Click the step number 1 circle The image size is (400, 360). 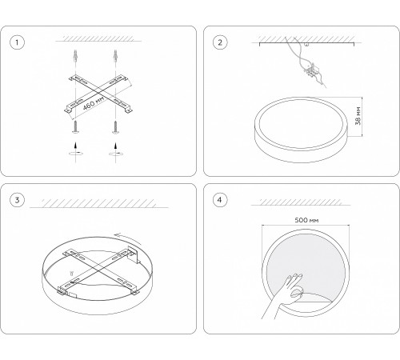click(17, 42)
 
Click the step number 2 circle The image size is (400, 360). click(220, 42)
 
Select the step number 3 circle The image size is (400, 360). click(17, 200)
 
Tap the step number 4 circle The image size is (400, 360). click(220, 200)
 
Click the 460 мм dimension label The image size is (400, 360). click(93, 103)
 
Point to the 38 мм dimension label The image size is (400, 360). click(358, 116)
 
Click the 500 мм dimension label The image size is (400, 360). click(306, 220)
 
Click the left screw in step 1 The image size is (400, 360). click(76, 127)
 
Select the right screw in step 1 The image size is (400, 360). click(115, 127)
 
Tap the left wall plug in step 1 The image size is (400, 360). click(76, 56)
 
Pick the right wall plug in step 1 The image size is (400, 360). click(115, 56)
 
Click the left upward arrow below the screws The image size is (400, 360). click(76, 147)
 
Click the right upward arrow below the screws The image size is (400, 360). click(115, 147)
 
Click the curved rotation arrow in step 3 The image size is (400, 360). click(127, 238)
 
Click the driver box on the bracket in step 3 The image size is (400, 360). click(133, 255)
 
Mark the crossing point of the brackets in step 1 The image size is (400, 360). click(98, 93)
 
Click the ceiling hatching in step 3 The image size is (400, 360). click(98, 203)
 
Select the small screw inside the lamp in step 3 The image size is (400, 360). click(71, 273)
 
